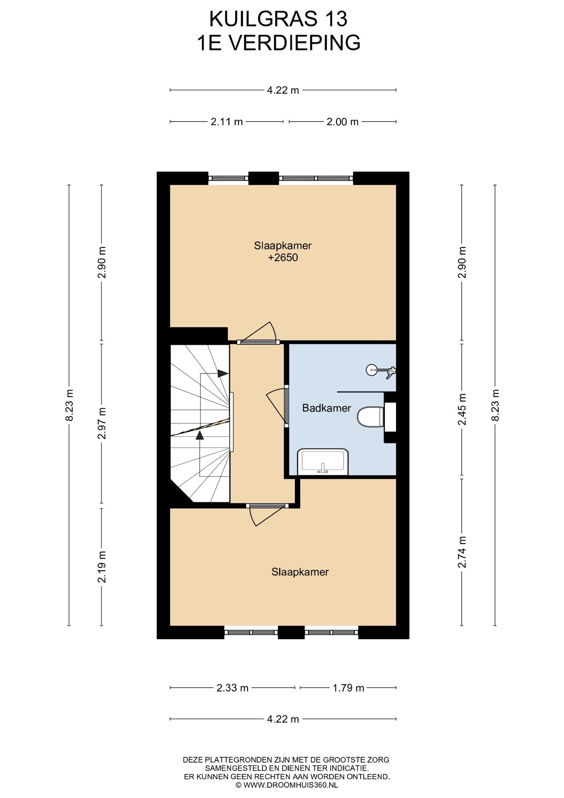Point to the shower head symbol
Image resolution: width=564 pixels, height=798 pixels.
point(381,370)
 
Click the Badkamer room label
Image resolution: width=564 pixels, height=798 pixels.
point(326,408)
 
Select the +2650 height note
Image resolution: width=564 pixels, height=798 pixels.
point(283,258)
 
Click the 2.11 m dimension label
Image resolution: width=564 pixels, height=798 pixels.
point(227,122)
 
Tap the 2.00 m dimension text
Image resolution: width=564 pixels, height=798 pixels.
point(342,122)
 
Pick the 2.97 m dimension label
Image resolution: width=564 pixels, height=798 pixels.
point(102,423)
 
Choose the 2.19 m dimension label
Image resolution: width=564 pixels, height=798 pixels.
point(102,567)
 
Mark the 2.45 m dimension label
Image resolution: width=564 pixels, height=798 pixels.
point(462,410)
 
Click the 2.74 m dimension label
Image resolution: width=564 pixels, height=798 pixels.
point(462,553)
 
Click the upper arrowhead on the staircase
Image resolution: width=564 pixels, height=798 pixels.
point(223,373)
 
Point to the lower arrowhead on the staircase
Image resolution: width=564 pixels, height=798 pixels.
point(200,435)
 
